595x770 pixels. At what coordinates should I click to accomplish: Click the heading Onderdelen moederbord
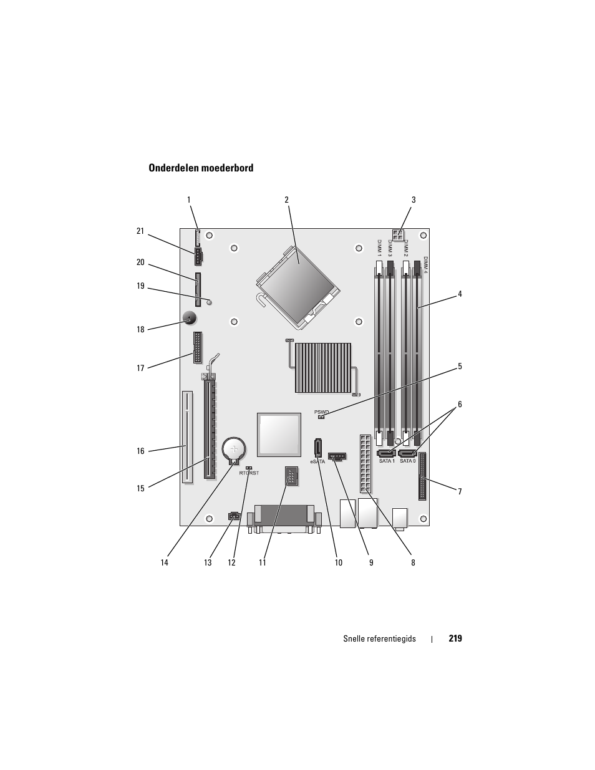click(x=201, y=168)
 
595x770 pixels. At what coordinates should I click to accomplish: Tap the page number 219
click(x=455, y=638)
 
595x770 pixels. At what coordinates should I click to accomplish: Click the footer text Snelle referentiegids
click(x=379, y=638)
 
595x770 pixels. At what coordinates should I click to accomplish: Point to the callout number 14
click(x=164, y=562)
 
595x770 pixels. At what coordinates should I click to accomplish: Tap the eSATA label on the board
click(x=317, y=462)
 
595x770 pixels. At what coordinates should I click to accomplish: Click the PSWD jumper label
click(x=321, y=412)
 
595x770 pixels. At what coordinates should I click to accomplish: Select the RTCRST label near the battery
click(x=249, y=473)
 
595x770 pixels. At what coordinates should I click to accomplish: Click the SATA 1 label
click(x=387, y=461)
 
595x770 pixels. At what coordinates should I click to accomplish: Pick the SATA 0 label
click(x=407, y=461)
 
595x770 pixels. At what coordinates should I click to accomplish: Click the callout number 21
click(x=140, y=231)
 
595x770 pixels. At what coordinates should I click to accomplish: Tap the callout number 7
click(x=460, y=492)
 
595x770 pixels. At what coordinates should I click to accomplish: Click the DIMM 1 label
click(x=379, y=248)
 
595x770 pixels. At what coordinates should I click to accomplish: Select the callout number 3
click(x=413, y=200)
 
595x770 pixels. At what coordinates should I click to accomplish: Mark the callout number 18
click(x=140, y=330)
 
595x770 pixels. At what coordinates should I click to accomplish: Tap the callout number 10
click(x=338, y=562)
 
